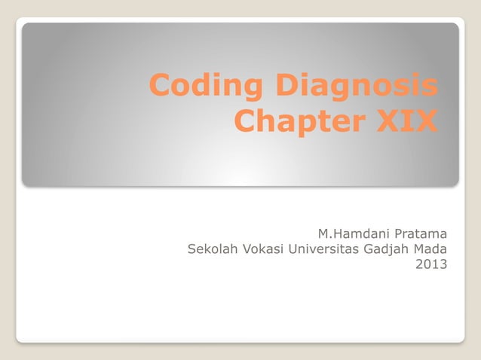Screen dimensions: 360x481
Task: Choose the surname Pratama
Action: click(420, 231)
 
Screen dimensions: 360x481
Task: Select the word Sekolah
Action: click(212, 248)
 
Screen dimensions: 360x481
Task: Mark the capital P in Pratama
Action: click(397, 231)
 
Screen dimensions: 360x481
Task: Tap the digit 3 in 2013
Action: click(442, 264)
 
